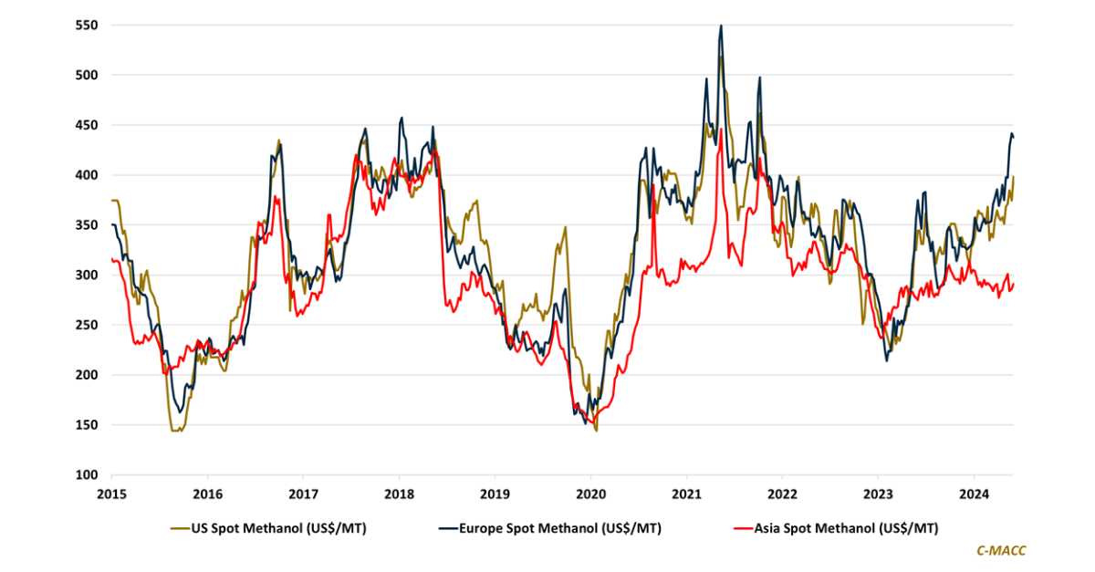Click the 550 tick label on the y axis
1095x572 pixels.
click(86, 26)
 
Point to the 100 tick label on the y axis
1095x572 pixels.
click(86, 475)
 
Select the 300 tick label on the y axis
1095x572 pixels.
click(86, 276)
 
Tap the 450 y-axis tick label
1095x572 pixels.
click(86, 126)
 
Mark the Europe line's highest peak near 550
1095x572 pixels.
click(721, 26)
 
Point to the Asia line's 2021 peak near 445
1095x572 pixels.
click(721, 130)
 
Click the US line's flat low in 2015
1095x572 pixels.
click(176, 430)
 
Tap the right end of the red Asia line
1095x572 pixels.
click(1014, 284)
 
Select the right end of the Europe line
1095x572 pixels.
click(1014, 137)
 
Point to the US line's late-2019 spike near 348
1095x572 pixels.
click(566, 227)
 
